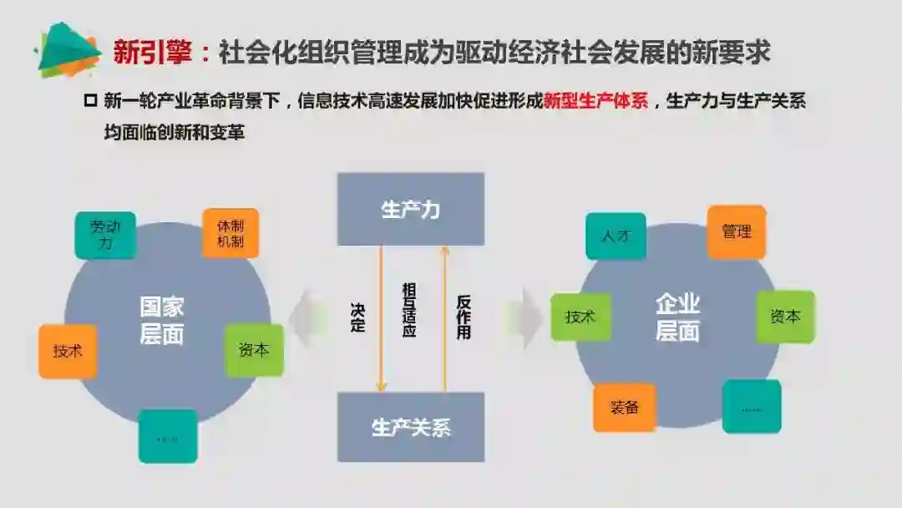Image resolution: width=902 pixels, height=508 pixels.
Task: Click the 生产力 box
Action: tap(410, 209)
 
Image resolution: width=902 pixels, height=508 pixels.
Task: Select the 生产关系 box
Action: tap(410, 427)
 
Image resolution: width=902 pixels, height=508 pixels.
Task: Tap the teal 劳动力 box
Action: tap(105, 235)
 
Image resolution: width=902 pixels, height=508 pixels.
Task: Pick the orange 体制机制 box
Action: tap(231, 233)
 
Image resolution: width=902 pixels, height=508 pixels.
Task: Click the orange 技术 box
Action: tap(68, 351)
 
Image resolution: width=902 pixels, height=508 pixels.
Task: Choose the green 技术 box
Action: tap(580, 317)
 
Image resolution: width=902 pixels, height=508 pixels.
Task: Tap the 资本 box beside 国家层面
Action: tap(254, 350)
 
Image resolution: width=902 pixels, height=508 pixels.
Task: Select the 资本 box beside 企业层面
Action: tap(785, 317)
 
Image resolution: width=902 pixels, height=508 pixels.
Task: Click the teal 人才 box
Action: tap(616, 236)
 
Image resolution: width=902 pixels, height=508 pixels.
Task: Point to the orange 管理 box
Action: tap(737, 231)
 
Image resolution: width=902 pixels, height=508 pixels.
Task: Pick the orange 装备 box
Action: tap(624, 408)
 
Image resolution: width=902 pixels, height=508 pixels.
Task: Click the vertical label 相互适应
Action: tap(409, 310)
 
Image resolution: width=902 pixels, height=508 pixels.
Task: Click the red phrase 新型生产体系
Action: tap(595, 103)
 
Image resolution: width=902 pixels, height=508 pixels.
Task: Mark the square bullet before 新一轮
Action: tap(90, 102)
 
